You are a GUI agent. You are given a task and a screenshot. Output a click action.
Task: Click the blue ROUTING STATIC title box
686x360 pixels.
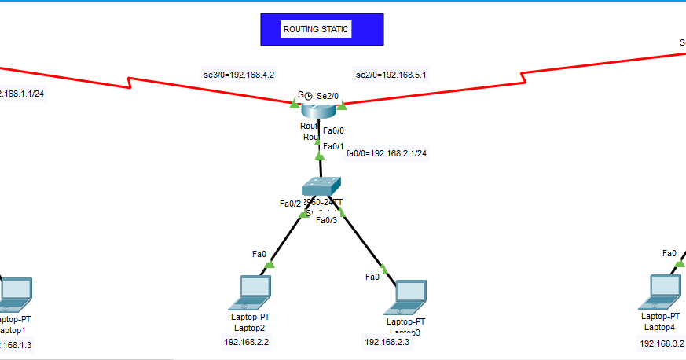click(x=321, y=29)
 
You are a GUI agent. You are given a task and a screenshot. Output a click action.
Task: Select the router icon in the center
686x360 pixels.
click(x=318, y=105)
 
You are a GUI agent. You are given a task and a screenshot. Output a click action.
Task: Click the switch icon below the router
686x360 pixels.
click(x=321, y=186)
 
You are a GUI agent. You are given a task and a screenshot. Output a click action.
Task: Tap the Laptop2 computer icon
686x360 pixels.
click(x=251, y=292)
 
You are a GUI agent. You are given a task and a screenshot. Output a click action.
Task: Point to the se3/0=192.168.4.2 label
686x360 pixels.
click(x=239, y=75)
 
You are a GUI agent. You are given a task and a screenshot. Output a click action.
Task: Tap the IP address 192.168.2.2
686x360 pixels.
click(x=247, y=342)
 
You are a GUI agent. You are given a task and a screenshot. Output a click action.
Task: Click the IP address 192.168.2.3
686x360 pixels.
click(x=386, y=342)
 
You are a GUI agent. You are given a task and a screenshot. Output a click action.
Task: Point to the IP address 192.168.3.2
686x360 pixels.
click(x=662, y=343)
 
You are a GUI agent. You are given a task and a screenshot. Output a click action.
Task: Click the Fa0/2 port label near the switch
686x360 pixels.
click(x=290, y=204)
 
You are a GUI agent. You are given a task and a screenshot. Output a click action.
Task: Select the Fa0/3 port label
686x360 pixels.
click(x=326, y=220)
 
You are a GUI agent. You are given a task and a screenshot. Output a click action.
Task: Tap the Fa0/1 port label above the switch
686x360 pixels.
click(x=334, y=146)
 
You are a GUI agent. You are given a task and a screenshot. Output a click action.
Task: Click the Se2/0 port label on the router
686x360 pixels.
click(x=329, y=95)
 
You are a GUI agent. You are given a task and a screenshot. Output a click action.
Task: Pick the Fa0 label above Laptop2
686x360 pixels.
click(x=259, y=254)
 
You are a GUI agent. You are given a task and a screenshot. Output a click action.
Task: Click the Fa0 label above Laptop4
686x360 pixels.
click(x=669, y=253)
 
